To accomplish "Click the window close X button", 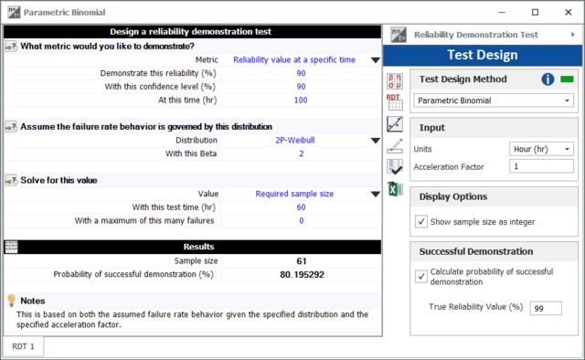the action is coord(569,12).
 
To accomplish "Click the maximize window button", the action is coord(535,12).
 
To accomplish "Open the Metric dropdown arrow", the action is coord(376,60).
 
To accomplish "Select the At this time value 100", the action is coord(301,100).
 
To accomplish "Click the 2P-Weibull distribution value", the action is coord(295,141).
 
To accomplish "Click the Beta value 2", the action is coord(301,154).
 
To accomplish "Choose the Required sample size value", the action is coord(294,194).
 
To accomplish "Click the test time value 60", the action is coord(301,207).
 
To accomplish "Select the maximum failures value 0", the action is coord(301,221).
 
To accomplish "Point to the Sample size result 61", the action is coord(302,261).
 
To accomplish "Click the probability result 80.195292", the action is coord(302,275).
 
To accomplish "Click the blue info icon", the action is coord(548,79).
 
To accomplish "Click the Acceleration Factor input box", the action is coord(541,166).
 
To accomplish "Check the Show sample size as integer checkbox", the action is coord(421,222).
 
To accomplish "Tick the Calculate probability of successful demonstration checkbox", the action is coord(421,277).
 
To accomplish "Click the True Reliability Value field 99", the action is coord(546,308).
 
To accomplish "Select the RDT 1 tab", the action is coord(23,346).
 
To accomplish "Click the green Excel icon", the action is coord(395,189).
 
